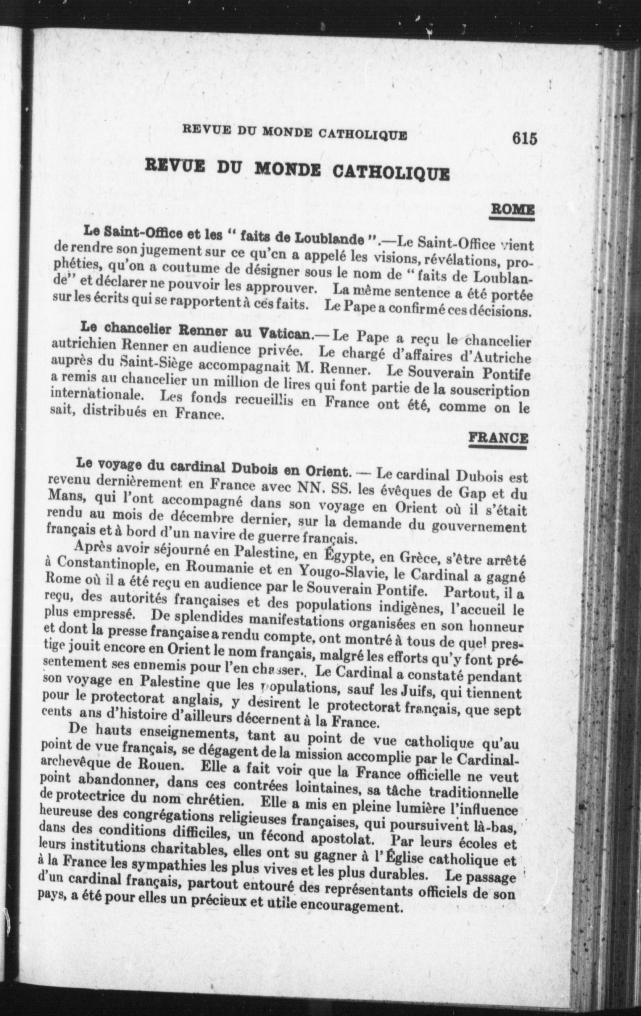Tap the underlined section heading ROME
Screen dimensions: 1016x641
pyautogui.click(x=512, y=209)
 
